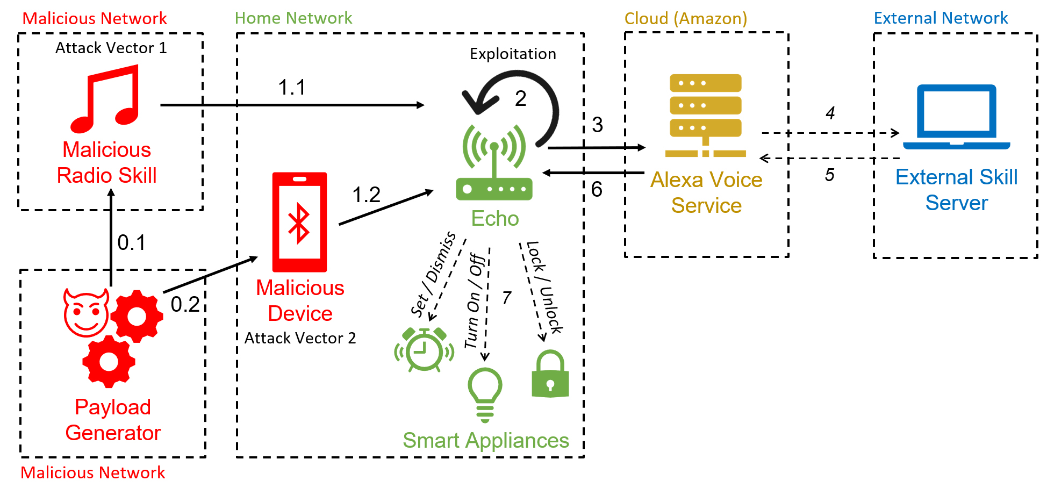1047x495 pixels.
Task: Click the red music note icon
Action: click(105, 99)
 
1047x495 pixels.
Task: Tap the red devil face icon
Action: click(86, 313)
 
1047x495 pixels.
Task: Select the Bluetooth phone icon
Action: click(299, 222)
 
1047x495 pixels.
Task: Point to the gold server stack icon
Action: click(705, 116)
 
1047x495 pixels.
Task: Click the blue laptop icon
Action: click(957, 117)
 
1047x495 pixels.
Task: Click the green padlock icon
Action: click(550, 374)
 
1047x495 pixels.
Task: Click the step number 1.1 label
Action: click(292, 87)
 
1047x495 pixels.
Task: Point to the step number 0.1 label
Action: click(132, 242)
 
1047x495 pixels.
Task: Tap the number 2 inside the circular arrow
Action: click(520, 98)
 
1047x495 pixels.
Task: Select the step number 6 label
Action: click(597, 189)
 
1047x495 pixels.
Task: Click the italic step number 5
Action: click(830, 175)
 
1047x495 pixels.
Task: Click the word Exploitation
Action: click(513, 54)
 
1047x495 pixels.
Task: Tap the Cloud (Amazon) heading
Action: click(686, 18)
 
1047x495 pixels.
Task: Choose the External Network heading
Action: click(941, 18)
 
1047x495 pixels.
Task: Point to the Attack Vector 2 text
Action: click(300, 338)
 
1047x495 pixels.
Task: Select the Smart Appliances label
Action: click(486, 441)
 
